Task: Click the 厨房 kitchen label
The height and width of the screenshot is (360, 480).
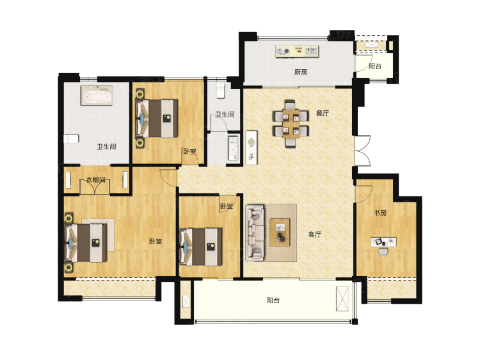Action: tap(301, 72)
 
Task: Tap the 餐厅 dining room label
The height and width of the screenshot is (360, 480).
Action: tap(323, 113)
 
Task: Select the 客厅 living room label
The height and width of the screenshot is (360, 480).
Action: tap(314, 234)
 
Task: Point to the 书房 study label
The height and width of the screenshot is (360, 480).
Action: tap(380, 213)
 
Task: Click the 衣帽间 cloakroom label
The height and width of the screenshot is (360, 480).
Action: tap(95, 179)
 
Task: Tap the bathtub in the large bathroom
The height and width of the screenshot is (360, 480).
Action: tap(97, 95)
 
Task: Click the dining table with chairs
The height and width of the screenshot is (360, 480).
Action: tap(291, 124)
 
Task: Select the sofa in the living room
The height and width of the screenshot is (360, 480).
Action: tap(255, 233)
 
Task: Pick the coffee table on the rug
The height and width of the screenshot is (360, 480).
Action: tap(280, 232)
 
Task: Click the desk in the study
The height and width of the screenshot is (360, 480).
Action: tap(383, 241)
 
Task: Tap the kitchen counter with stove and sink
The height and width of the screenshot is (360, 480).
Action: tap(297, 51)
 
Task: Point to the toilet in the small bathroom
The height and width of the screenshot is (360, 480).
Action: tap(220, 91)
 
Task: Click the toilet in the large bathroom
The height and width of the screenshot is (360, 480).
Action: tap(71, 139)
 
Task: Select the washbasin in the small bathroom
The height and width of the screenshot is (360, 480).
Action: tap(233, 149)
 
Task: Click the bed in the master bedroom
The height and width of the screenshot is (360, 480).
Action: tap(86, 243)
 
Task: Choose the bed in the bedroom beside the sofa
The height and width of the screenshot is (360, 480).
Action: tap(201, 247)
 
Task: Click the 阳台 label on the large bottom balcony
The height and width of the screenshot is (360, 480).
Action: tap(273, 300)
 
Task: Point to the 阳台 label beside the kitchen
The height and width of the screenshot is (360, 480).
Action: tap(374, 66)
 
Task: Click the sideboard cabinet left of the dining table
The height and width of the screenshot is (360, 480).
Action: tap(252, 148)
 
